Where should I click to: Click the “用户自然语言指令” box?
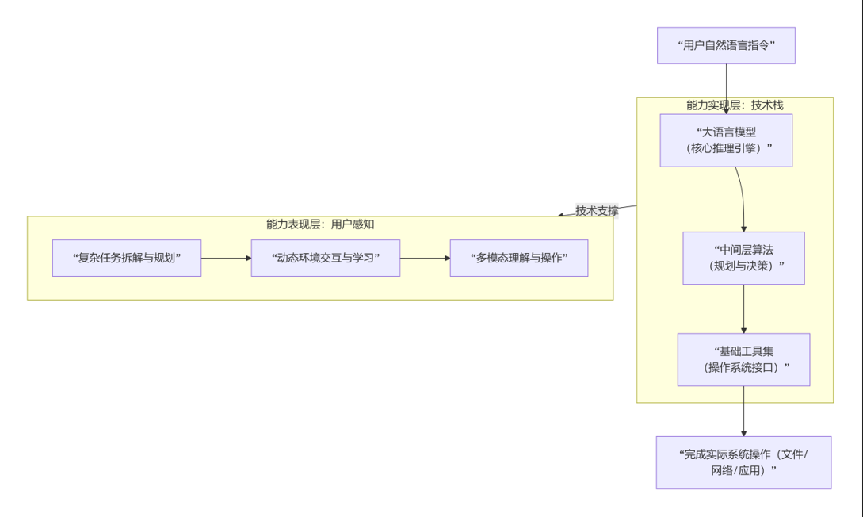[726, 45]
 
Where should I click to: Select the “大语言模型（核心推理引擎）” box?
[726, 140]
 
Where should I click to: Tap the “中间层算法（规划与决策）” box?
[743, 258]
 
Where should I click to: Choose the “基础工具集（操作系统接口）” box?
[743, 359]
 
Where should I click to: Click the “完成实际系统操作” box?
[743, 462]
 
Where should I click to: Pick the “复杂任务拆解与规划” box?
[127, 258]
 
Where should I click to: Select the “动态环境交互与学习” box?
[325, 258]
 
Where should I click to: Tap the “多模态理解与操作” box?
[519, 258]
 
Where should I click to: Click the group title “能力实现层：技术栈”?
[735, 105]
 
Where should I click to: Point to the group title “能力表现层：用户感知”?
[320, 224]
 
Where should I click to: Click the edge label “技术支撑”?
[597, 211]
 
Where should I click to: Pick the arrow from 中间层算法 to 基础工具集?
[743, 308]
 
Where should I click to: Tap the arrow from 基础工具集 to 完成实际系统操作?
[743, 411]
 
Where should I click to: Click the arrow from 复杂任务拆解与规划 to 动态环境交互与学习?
[226, 258]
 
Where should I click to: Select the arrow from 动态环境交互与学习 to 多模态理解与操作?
[425, 258]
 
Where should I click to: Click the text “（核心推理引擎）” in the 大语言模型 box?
[726, 148]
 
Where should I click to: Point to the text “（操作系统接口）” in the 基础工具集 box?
[743, 367]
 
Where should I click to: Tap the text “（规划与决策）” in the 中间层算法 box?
[743, 266]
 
